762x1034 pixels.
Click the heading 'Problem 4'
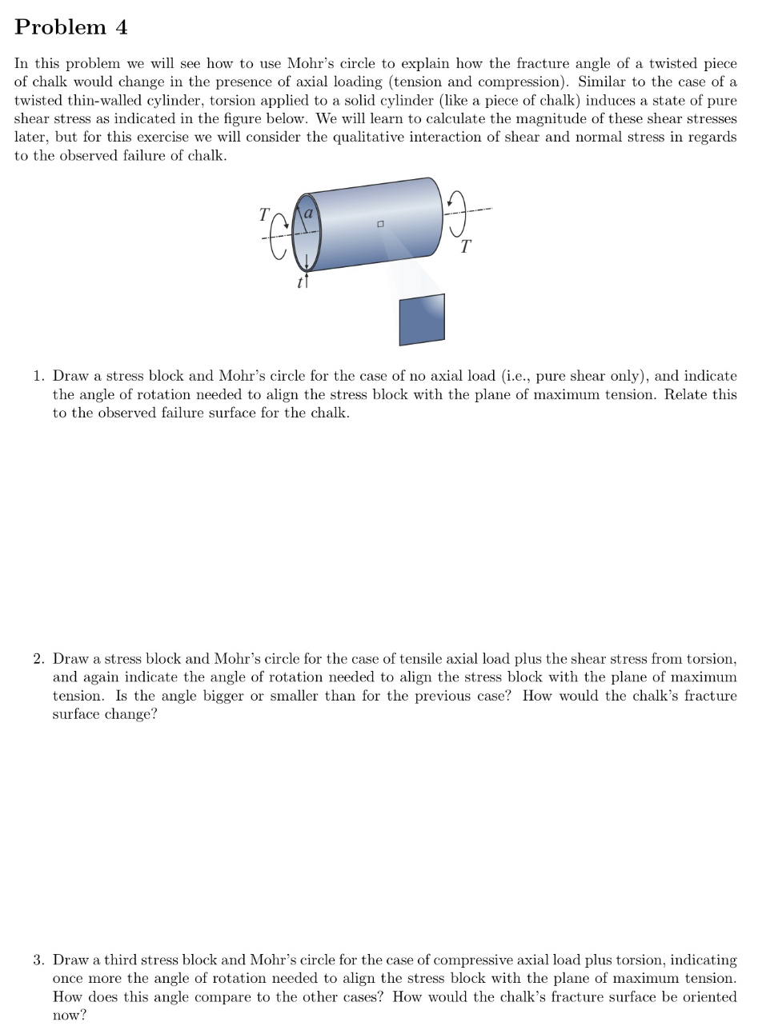71,27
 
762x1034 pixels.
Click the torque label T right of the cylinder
466,246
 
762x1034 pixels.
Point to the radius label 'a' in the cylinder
308,213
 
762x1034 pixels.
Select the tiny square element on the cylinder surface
382,224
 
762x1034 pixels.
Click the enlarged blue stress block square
422,320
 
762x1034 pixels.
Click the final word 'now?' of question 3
69,1016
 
